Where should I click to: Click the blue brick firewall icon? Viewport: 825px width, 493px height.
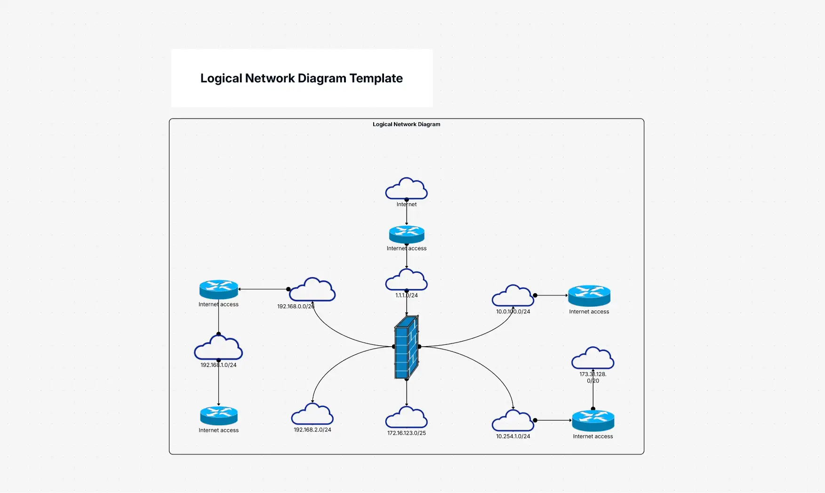[x=407, y=347]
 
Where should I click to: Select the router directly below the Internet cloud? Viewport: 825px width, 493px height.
[x=407, y=234]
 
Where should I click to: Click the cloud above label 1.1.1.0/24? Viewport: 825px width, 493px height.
[x=407, y=280]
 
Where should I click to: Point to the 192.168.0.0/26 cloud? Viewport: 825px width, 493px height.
[x=312, y=290]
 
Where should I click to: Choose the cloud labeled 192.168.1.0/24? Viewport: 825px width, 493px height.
[x=218, y=348]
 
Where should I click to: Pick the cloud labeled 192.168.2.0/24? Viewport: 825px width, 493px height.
[x=312, y=414]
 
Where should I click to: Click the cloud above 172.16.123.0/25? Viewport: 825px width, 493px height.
[x=407, y=418]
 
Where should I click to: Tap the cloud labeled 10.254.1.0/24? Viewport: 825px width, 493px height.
[x=513, y=421]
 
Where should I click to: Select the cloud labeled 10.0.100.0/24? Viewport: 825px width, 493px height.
[x=513, y=296]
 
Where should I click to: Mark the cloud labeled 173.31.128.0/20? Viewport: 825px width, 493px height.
[x=593, y=358]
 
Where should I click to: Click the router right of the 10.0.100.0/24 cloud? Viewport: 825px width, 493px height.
[x=589, y=296]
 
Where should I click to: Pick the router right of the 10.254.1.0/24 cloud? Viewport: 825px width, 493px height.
[x=593, y=421]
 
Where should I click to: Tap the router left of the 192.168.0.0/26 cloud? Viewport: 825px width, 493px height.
[x=219, y=289]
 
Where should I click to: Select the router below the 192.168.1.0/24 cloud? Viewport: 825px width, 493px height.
[x=219, y=415]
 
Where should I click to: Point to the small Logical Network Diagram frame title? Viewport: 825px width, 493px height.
[x=407, y=124]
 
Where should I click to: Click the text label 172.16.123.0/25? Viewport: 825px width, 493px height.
[x=407, y=433]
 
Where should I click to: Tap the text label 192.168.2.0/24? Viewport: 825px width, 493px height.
[x=312, y=430]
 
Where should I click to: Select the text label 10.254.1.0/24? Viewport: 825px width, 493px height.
[x=513, y=437]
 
